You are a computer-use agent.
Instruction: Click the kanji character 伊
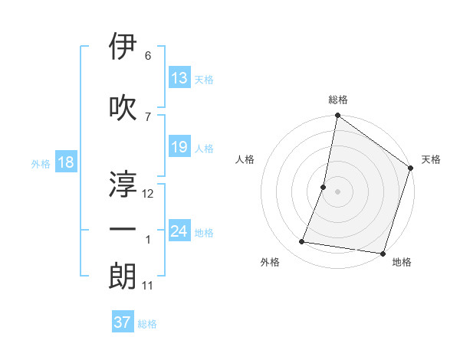point(123,47)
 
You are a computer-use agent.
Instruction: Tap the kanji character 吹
point(123,106)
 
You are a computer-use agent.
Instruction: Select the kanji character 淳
point(123,183)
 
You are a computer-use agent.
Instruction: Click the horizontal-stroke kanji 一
point(123,230)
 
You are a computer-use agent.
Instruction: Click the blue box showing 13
point(179,78)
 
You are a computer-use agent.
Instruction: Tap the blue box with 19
point(179,147)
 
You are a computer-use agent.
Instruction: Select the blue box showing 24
point(179,231)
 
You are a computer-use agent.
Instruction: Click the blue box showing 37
point(123,322)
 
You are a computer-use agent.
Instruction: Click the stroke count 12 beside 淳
point(148,194)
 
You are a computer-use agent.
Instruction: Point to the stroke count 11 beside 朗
point(148,286)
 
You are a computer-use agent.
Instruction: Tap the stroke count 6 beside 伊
point(148,56)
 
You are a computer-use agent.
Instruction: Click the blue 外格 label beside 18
point(40,163)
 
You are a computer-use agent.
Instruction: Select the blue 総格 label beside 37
point(147,323)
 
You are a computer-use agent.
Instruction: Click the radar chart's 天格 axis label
point(431,159)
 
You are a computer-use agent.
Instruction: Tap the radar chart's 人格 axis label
point(245,159)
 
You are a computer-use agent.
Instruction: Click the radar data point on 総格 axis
point(337,116)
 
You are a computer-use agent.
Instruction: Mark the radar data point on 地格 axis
point(382,253)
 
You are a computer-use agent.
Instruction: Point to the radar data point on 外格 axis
point(302,242)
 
